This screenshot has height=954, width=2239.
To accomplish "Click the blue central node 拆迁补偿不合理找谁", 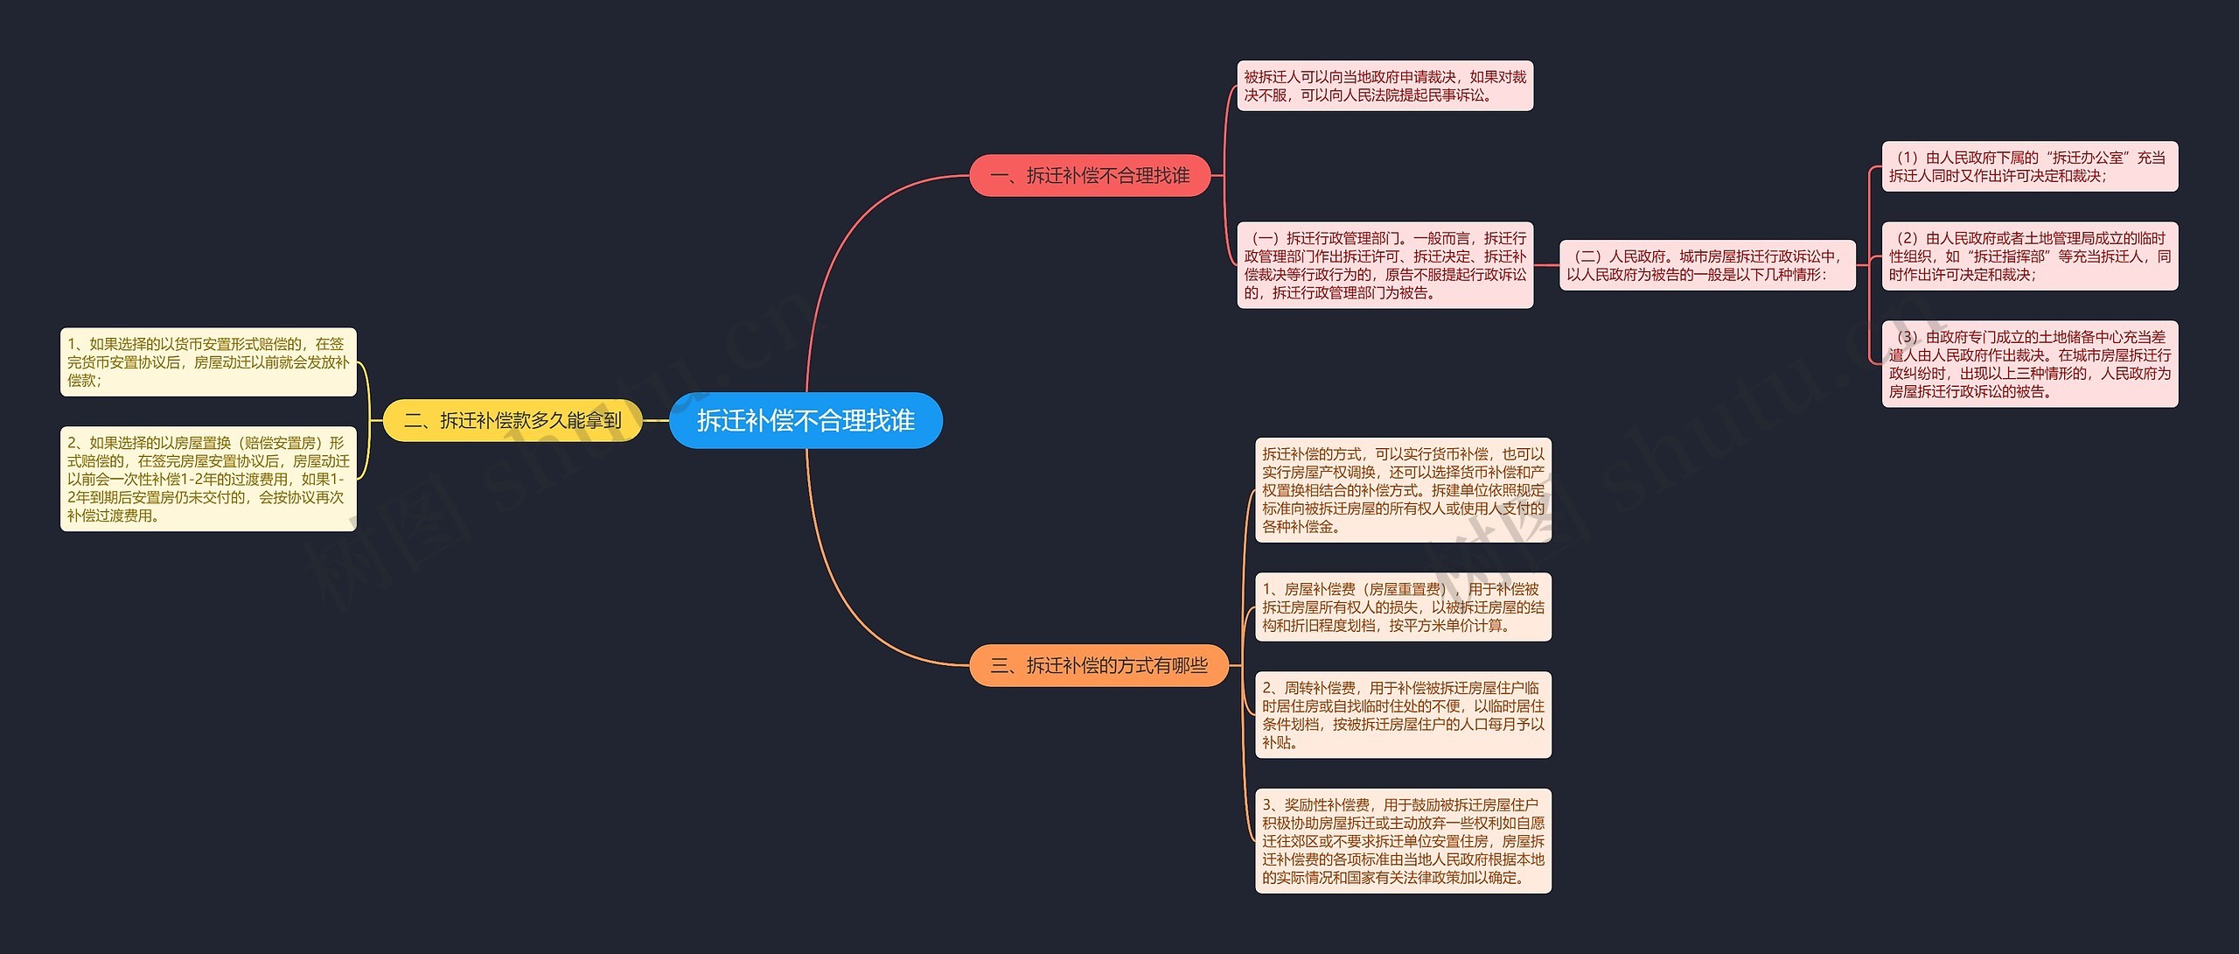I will [x=806, y=421].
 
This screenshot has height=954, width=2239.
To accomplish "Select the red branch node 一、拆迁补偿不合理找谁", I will [x=1090, y=176].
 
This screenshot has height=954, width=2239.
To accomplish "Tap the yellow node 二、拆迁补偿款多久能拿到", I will [x=513, y=421].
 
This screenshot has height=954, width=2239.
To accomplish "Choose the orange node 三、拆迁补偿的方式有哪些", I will [x=1099, y=666].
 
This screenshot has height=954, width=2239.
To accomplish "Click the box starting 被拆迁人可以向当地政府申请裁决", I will [x=1385, y=86].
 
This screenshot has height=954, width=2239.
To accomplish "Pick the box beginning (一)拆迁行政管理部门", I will [x=1385, y=265].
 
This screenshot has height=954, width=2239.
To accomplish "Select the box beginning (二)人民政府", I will [x=1707, y=265].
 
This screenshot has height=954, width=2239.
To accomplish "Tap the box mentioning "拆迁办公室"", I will [x=2029, y=166].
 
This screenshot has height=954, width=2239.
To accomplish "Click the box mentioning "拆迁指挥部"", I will [x=2029, y=256].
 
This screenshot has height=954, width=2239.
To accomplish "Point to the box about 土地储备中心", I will [x=2029, y=364].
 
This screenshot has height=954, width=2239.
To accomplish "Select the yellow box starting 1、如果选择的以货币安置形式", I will [x=208, y=362].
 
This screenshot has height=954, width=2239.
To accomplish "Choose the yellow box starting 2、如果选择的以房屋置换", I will [x=208, y=479].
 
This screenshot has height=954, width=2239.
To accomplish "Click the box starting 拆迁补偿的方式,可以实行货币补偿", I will [x=1403, y=490].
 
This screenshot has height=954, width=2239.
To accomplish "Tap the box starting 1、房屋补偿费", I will [x=1403, y=607].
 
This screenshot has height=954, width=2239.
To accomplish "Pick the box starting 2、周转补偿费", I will [x=1403, y=715].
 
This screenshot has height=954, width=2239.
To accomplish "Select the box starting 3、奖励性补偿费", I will [x=1403, y=841].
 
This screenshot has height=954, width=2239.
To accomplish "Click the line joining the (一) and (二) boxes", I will [x=1546, y=265].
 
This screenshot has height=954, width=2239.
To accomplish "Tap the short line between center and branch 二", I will [x=656, y=421].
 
